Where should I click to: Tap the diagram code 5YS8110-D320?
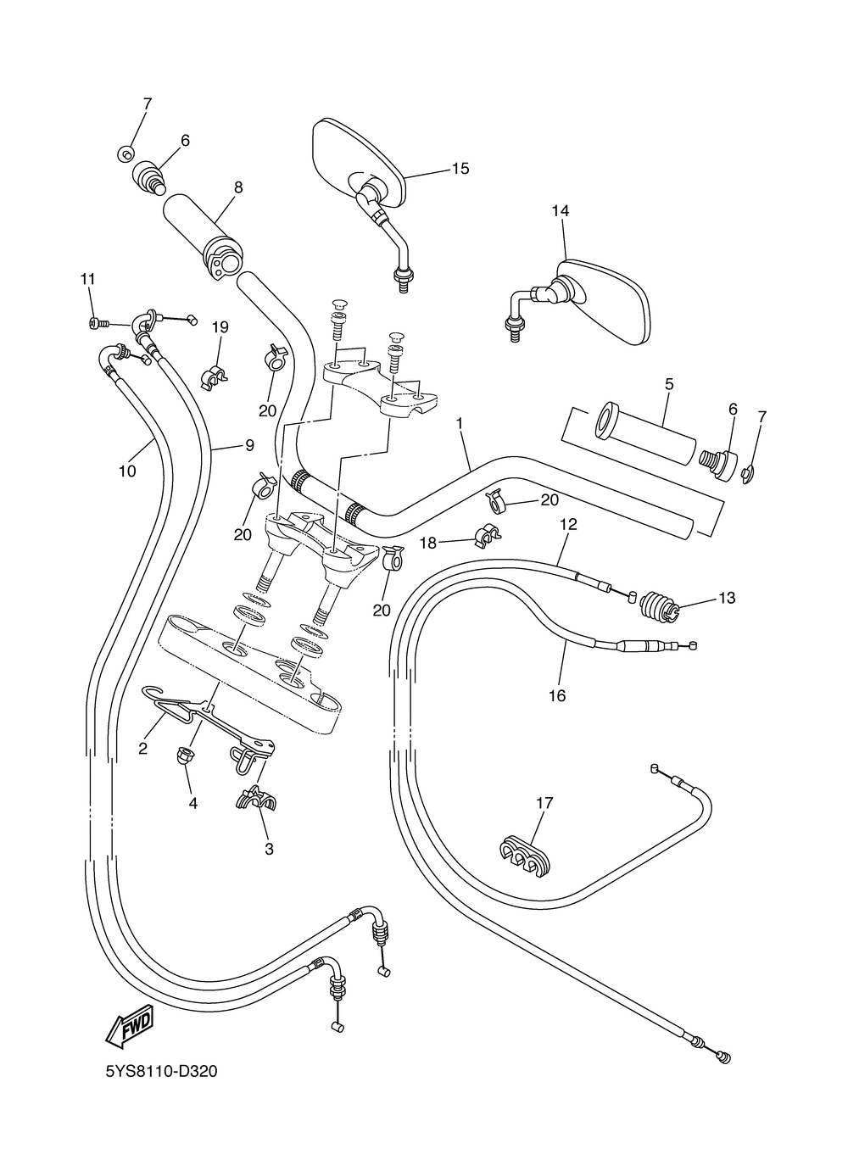pos(161,1072)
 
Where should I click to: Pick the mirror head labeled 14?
pos(606,301)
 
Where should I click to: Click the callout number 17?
pos(544,801)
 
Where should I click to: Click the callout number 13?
pos(727,598)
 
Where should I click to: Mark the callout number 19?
pos(220,327)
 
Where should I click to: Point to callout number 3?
pos(269,847)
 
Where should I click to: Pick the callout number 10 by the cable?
pos(127,471)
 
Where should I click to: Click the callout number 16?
pos(557,695)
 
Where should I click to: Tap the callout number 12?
pos(567,525)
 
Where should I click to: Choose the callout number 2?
pos(142,748)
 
